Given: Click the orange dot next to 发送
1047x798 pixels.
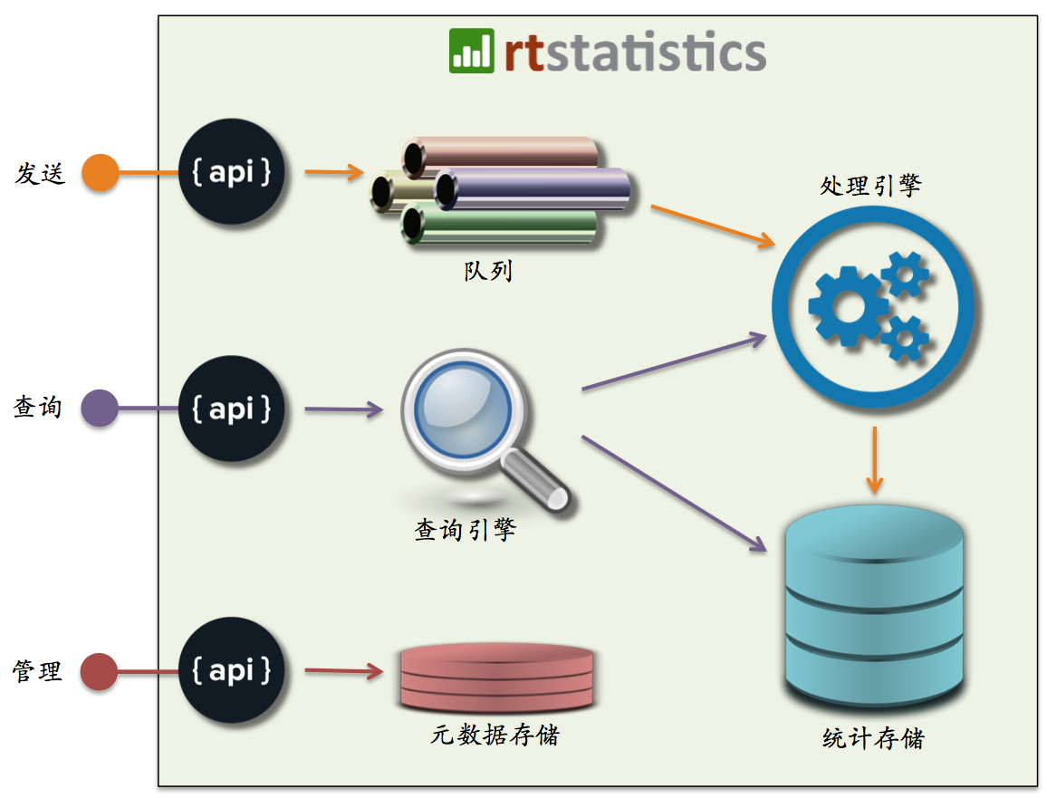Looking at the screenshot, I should click(100, 172).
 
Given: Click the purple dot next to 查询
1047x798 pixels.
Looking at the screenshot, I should click(99, 409).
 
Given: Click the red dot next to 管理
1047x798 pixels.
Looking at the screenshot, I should click(99, 672).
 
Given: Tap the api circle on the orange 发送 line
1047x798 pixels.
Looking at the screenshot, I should click(231, 172).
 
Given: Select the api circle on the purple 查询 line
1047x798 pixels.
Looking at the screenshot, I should click(231, 409).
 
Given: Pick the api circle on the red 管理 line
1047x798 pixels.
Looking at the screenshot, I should click(231, 671).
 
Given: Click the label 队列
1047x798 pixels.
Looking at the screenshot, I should click(488, 270).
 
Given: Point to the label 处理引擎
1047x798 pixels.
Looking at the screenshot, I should click(870, 186).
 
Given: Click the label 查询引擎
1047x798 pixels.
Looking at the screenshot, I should click(466, 529).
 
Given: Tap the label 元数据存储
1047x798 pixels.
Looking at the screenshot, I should click(495, 735).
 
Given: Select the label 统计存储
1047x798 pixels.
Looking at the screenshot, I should click(874, 738).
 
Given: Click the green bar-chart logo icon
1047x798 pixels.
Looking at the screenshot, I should click(472, 51).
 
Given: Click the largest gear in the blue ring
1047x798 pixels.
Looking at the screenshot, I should click(848, 306).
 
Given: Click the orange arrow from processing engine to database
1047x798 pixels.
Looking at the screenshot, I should click(874, 459).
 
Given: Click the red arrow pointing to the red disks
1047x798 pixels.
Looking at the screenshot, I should click(343, 671).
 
